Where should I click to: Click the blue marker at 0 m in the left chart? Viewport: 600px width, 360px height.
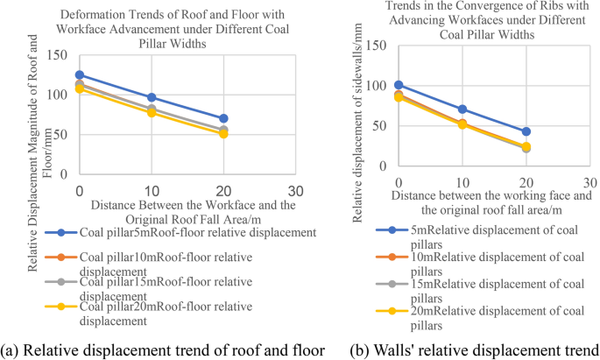tap(80, 75)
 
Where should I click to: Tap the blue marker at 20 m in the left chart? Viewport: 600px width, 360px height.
tap(224, 118)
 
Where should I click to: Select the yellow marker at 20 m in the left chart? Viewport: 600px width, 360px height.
tap(224, 134)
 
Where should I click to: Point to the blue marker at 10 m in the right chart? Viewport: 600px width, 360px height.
tap(462, 109)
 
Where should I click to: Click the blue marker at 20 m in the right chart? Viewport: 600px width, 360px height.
tap(526, 131)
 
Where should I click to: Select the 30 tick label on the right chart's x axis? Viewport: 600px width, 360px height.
tap(589, 180)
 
